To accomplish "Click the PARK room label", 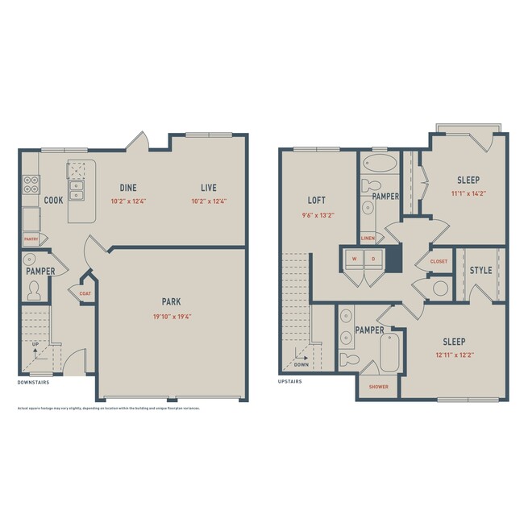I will (x=171, y=301).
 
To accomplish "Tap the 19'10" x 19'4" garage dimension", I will (x=171, y=317).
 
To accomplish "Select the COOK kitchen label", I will (x=53, y=200).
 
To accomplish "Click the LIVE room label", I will (x=208, y=187).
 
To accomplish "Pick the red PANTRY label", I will (x=31, y=239).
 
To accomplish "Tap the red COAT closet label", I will (x=85, y=293).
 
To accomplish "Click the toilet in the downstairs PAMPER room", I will (x=34, y=290).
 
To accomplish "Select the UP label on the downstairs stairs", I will (x=34, y=346).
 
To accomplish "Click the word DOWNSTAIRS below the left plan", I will (x=35, y=382).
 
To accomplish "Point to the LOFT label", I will (x=316, y=200).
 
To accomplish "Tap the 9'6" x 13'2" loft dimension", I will (x=316, y=215).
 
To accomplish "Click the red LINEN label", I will (x=368, y=238).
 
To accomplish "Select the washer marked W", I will (x=354, y=259).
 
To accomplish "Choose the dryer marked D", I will (x=373, y=259).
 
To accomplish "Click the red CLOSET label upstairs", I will (x=439, y=261).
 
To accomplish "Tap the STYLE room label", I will (x=480, y=270).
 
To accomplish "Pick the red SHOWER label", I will (x=379, y=387).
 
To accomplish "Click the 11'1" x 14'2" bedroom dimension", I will (x=468, y=194).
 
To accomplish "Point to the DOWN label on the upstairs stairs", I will (x=302, y=364).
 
